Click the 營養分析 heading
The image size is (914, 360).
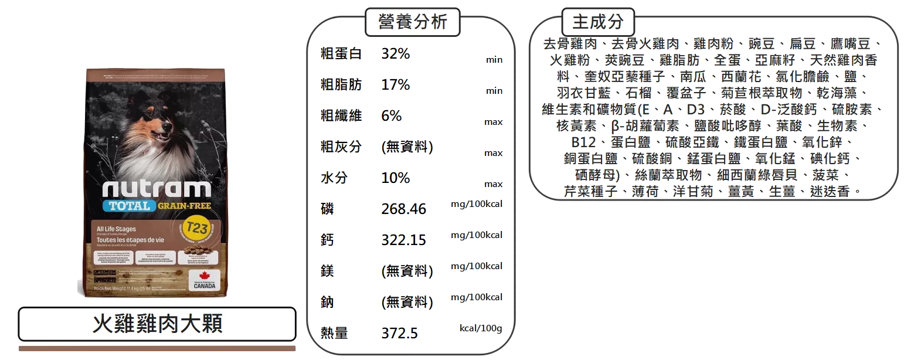tap(413, 22)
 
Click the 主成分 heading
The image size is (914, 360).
tap(597, 22)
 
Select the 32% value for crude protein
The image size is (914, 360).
tap(396, 54)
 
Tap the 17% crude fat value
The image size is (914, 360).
tap(396, 85)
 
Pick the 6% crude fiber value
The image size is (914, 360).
tap(392, 116)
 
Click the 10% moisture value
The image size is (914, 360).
tap(396, 178)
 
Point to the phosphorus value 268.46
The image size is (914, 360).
tap(403, 209)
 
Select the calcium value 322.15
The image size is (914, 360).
tap(403, 240)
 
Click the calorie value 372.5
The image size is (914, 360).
tap(399, 334)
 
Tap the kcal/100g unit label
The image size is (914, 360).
tap(480, 328)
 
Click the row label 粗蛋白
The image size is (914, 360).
tap(341, 54)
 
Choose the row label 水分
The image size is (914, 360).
tap(333, 178)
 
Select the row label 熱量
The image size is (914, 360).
tap(333, 334)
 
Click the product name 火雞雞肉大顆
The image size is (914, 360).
tap(157, 323)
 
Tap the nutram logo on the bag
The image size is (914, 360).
tap(157, 189)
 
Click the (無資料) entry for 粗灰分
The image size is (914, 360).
tap(407, 147)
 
